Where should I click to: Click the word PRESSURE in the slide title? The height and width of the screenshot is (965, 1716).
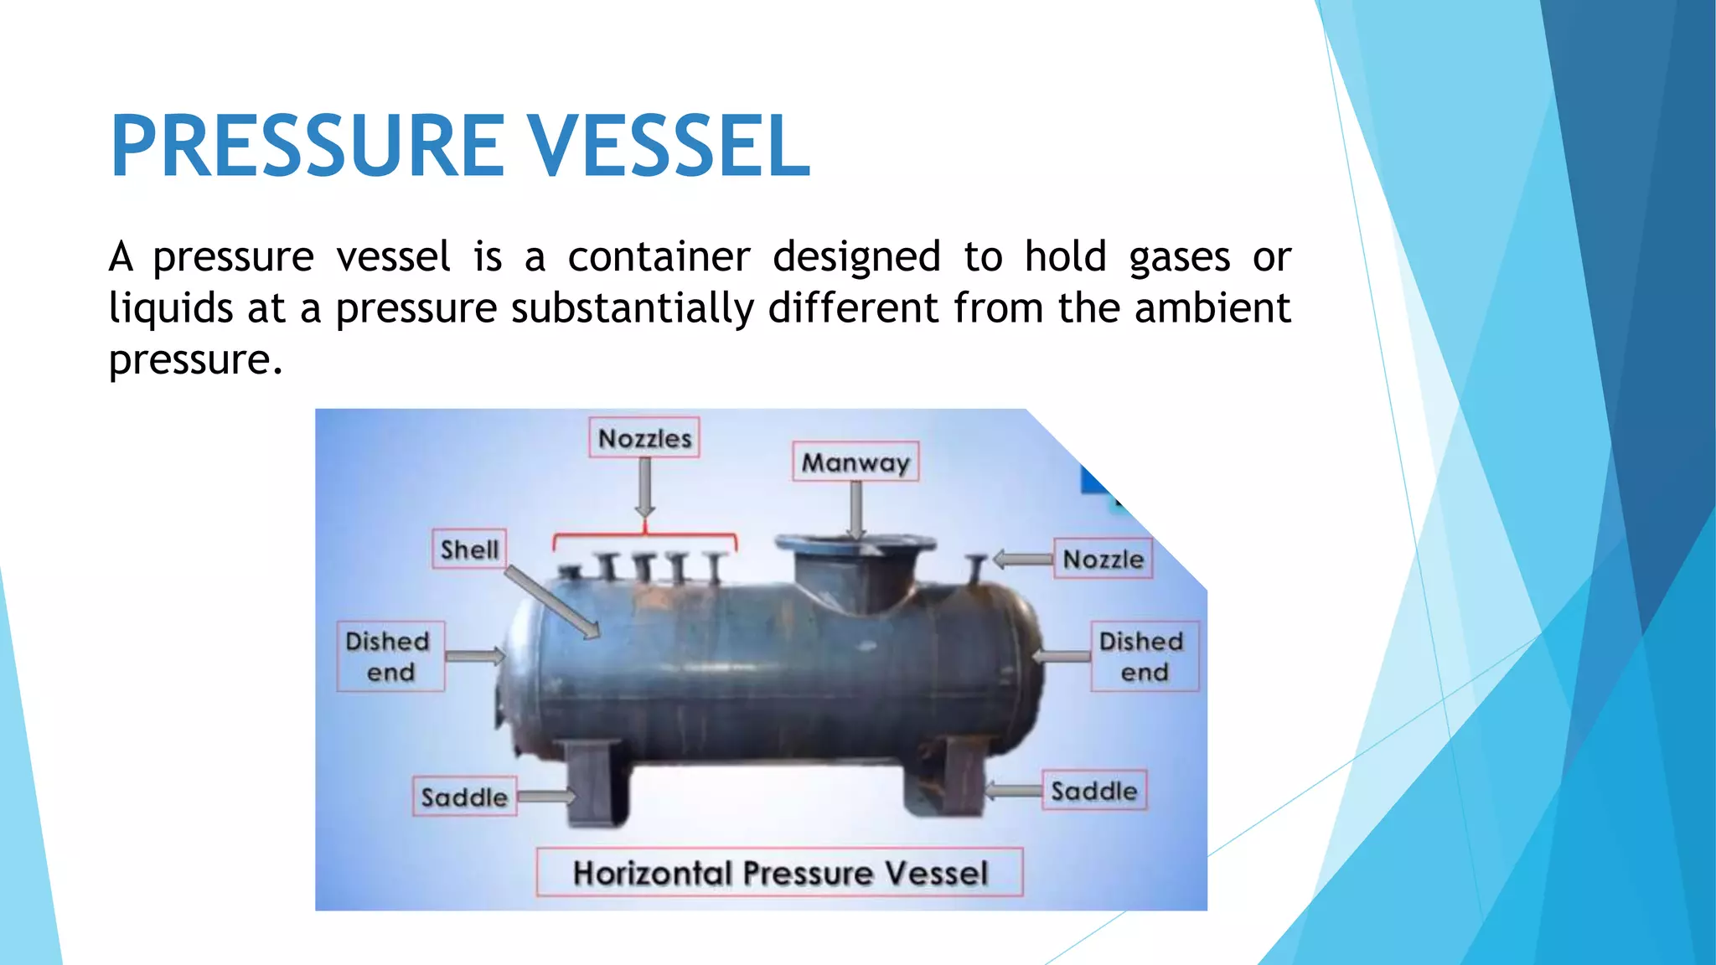pyautogui.click(x=306, y=147)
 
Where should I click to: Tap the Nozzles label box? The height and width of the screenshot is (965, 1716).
pyautogui.click(x=643, y=438)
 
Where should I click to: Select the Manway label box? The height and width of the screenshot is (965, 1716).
pyautogui.click(x=855, y=462)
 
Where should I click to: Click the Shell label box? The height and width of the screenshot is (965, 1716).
pyautogui.click(x=469, y=550)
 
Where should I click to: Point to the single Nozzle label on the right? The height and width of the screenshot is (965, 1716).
pyautogui.click(x=1103, y=559)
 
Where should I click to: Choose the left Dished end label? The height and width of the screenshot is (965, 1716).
pyautogui.click(x=390, y=656)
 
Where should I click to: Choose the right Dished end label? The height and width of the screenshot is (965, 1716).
pyautogui.click(x=1144, y=656)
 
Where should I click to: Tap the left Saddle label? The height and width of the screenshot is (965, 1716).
pyautogui.click(x=464, y=797)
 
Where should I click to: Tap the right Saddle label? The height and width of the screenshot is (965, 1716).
pyautogui.click(x=1093, y=791)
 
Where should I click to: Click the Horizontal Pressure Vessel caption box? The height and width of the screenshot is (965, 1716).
pyautogui.click(x=779, y=873)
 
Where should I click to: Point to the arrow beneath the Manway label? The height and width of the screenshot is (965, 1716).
pyautogui.click(x=856, y=511)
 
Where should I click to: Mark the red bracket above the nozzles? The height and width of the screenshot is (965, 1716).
pyautogui.click(x=645, y=535)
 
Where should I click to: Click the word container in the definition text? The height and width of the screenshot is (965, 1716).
pyautogui.click(x=659, y=256)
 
